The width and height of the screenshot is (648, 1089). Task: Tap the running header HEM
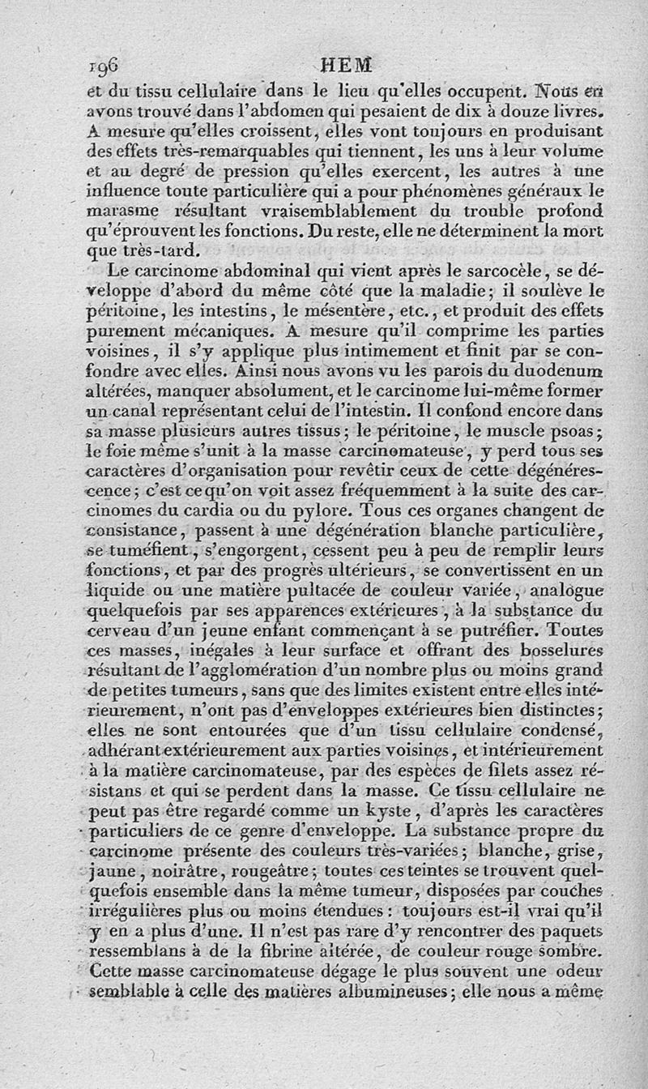coord(346,65)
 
